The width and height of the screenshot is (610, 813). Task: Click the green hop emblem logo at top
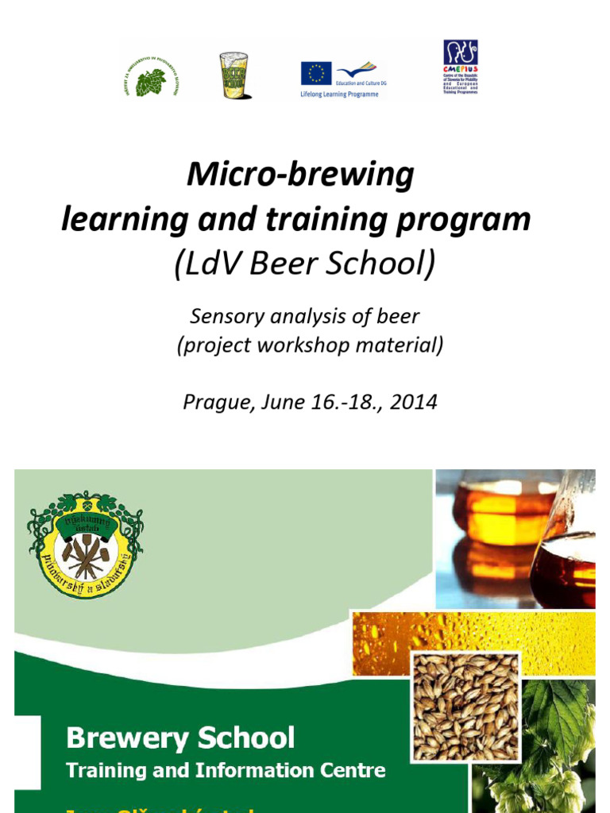pyautogui.click(x=151, y=77)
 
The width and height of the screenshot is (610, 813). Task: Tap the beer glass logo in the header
pyautogui.click(x=234, y=76)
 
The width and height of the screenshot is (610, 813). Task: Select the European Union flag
pyautogui.click(x=316, y=73)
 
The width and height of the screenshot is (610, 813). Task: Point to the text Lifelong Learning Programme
pyautogui.click(x=334, y=94)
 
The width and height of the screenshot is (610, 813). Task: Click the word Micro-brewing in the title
pyautogui.click(x=300, y=174)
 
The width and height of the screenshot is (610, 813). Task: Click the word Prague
pyautogui.click(x=217, y=402)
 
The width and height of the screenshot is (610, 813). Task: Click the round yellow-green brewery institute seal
pyautogui.click(x=86, y=544)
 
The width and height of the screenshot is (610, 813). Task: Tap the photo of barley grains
pyautogui.click(x=465, y=706)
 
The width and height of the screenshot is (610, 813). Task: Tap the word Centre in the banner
pyautogui.click(x=357, y=770)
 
